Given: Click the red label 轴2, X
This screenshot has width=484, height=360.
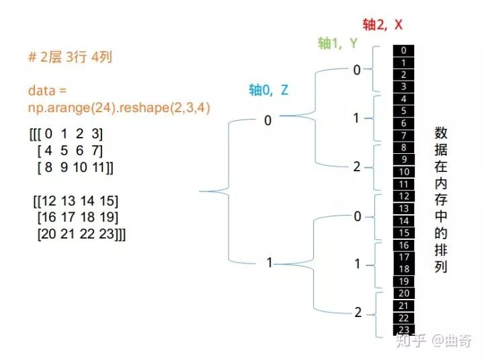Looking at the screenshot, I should [382, 25].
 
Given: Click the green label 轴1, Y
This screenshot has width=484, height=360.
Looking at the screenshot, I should [338, 44].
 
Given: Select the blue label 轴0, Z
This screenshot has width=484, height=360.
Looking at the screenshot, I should [268, 90].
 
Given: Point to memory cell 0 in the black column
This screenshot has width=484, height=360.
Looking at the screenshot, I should [403, 50].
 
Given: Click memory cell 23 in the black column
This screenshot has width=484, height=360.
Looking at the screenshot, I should [403, 330].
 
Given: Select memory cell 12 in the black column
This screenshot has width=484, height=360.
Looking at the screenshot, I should [403, 196].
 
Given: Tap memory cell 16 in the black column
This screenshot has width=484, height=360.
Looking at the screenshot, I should [403, 245].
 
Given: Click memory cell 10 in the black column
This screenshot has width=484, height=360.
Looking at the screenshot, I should [403, 172].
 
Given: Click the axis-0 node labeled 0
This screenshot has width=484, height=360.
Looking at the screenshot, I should [268, 121].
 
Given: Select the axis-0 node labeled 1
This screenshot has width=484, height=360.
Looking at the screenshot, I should [269, 263].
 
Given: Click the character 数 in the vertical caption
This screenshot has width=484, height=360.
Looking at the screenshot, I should [441, 133].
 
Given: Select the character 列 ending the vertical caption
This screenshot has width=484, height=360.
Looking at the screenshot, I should [441, 267].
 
